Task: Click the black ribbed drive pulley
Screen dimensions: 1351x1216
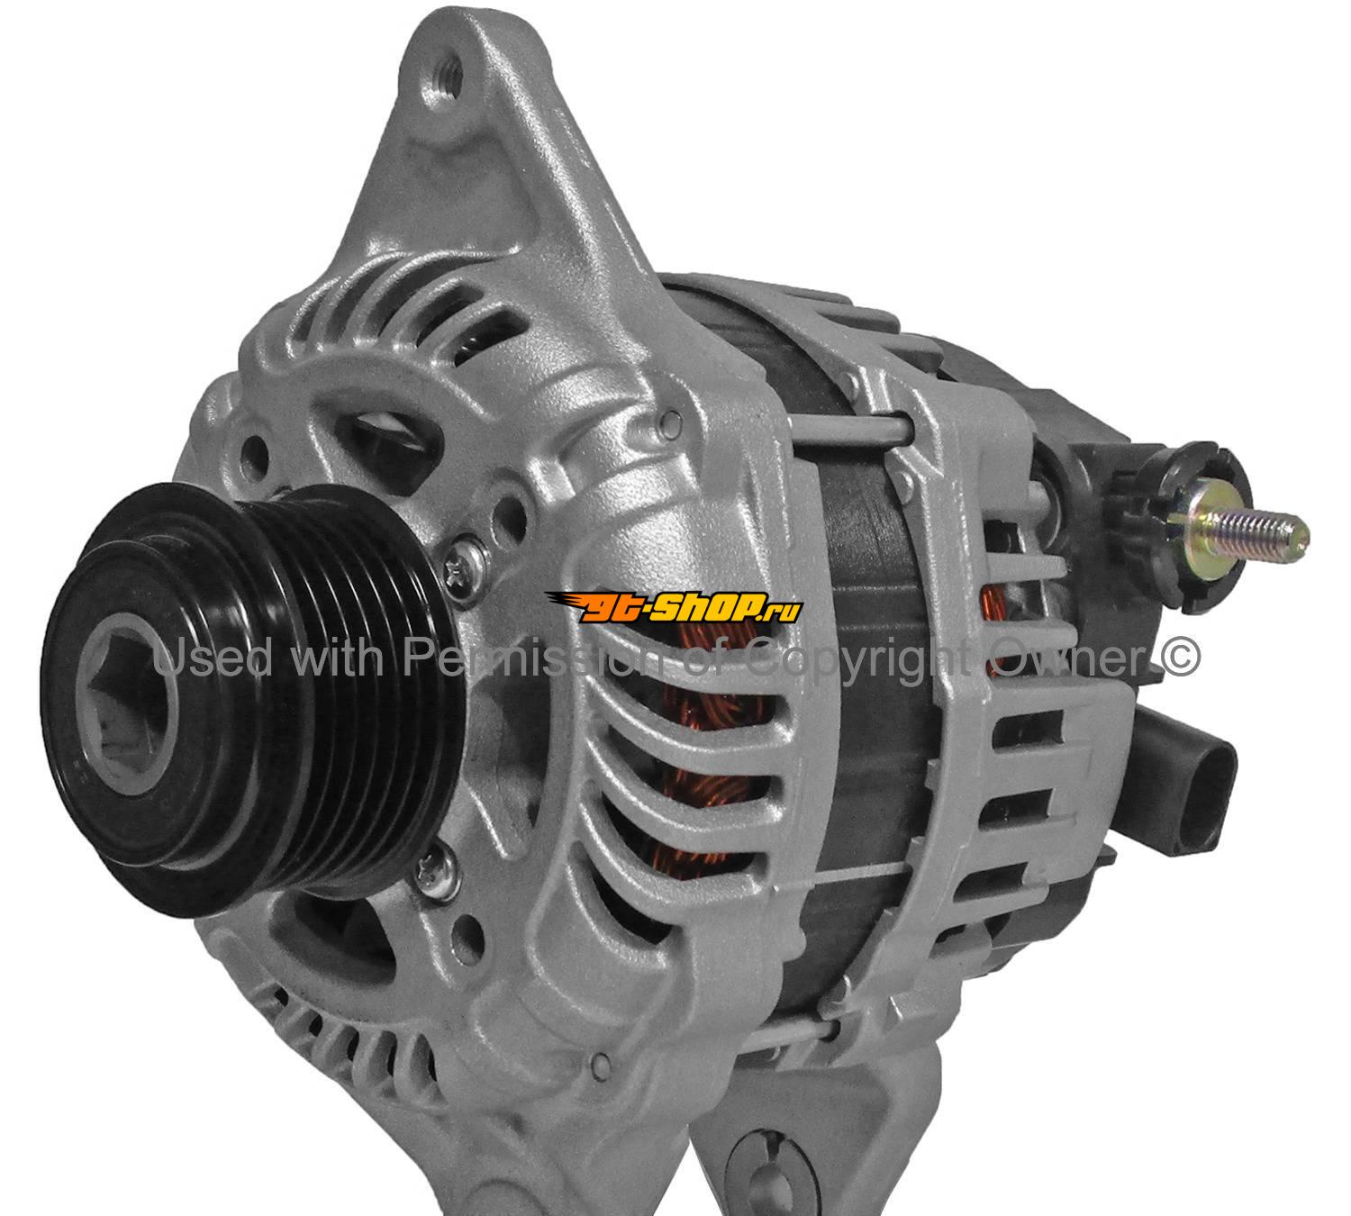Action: tap(252, 701)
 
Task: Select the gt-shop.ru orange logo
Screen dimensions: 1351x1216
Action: tap(675, 607)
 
